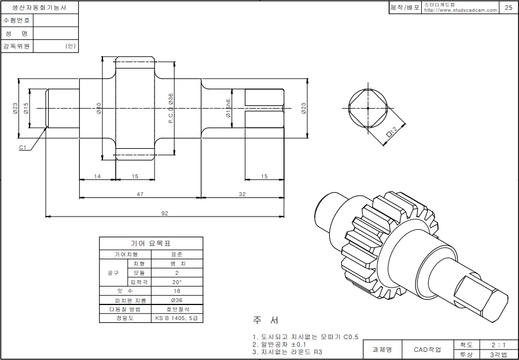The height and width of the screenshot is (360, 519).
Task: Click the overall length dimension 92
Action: point(164,214)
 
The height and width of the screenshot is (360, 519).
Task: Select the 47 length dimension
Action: point(139,194)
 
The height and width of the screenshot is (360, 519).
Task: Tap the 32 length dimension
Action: point(242,194)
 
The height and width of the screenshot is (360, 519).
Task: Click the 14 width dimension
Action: point(97,176)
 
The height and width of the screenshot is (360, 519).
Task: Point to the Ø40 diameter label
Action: point(99,108)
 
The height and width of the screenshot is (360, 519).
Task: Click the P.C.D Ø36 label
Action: point(171,108)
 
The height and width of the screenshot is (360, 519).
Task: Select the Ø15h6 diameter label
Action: point(229,108)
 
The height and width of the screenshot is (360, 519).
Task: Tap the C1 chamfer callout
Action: point(23,148)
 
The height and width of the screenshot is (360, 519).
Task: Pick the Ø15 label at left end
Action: point(26,108)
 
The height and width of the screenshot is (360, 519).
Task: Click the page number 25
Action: point(508,8)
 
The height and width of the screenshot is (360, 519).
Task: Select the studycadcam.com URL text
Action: point(461,10)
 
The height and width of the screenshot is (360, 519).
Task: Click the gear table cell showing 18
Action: point(176,291)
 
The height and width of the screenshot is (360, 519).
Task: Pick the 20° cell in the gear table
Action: point(176,282)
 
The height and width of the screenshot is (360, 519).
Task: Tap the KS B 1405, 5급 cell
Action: point(176,318)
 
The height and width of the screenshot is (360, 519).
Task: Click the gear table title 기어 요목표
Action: point(151,244)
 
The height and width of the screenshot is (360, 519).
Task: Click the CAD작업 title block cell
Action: point(427,350)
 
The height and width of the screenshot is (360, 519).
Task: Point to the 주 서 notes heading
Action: point(266,320)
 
